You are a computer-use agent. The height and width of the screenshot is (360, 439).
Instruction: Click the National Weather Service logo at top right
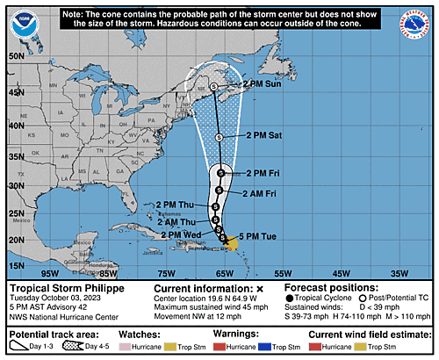[x=414, y=25]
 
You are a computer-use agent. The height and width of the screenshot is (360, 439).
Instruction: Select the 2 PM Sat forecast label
[x=263, y=135]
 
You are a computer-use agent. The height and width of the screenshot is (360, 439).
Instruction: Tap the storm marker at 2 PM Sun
[x=213, y=86]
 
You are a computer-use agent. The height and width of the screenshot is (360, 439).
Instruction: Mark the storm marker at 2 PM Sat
[x=219, y=137]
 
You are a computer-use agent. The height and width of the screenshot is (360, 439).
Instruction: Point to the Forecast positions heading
[x=329, y=287]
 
